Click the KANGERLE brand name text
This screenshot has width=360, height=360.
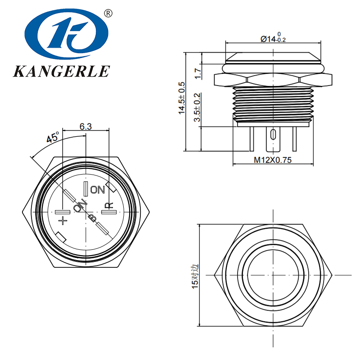coord(62,71)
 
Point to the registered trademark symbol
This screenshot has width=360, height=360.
coord(108,13)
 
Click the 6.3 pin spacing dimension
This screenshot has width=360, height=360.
coord(85,127)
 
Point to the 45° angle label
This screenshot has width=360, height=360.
coord(53,138)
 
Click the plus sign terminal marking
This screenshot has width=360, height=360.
coord(63,220)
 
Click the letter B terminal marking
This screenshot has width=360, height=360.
coord(92,218)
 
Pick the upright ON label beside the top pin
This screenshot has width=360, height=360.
coord(98,189)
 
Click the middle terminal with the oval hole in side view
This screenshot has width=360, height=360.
coord(272,137)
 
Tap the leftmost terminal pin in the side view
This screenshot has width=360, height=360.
coord(251,139)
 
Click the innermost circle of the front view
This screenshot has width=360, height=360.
coord(273,275)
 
